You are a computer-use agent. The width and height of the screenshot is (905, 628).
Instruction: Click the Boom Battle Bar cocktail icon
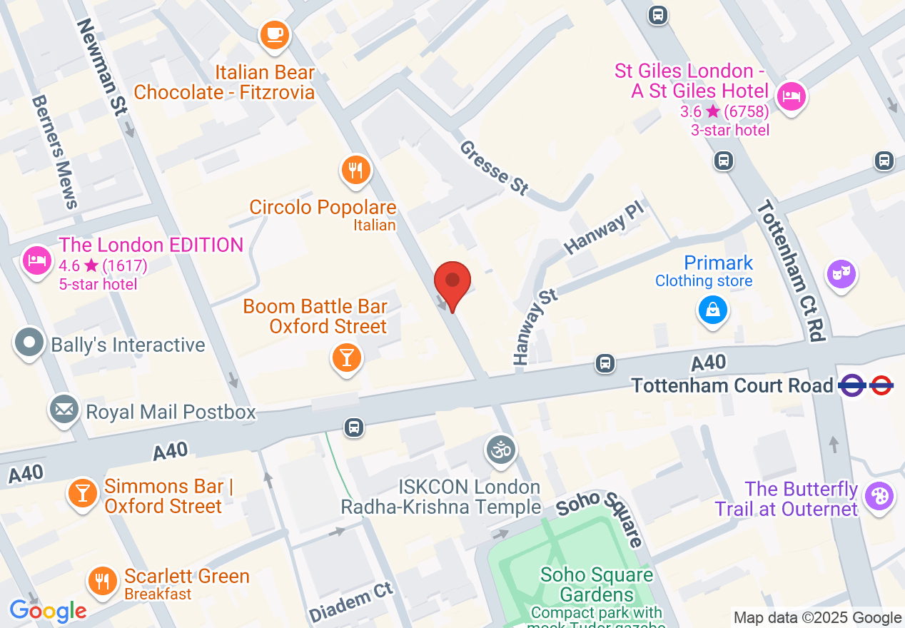(347, 357)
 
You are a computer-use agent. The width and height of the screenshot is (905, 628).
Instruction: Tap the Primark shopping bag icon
(712, 310)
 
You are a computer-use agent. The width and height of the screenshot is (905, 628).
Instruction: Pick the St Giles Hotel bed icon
(790, 96)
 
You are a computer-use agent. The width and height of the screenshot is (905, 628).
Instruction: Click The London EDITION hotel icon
(36, 260)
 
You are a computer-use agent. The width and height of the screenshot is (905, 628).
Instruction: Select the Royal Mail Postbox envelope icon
(64, 410)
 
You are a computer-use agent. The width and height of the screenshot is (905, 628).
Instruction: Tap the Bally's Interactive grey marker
(29, 343)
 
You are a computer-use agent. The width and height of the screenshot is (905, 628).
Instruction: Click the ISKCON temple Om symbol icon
(500, 450)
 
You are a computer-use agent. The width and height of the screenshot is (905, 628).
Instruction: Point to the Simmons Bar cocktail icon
(83, 494)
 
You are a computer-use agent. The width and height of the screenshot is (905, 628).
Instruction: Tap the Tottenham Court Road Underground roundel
(881, 386)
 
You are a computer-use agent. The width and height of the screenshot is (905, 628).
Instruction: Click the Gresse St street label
(495, 168)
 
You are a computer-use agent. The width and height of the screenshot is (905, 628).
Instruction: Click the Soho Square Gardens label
(597, 584)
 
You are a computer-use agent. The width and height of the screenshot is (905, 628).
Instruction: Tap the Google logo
(48, 611)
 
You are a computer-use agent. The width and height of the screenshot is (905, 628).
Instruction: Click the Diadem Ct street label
(351, 602)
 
